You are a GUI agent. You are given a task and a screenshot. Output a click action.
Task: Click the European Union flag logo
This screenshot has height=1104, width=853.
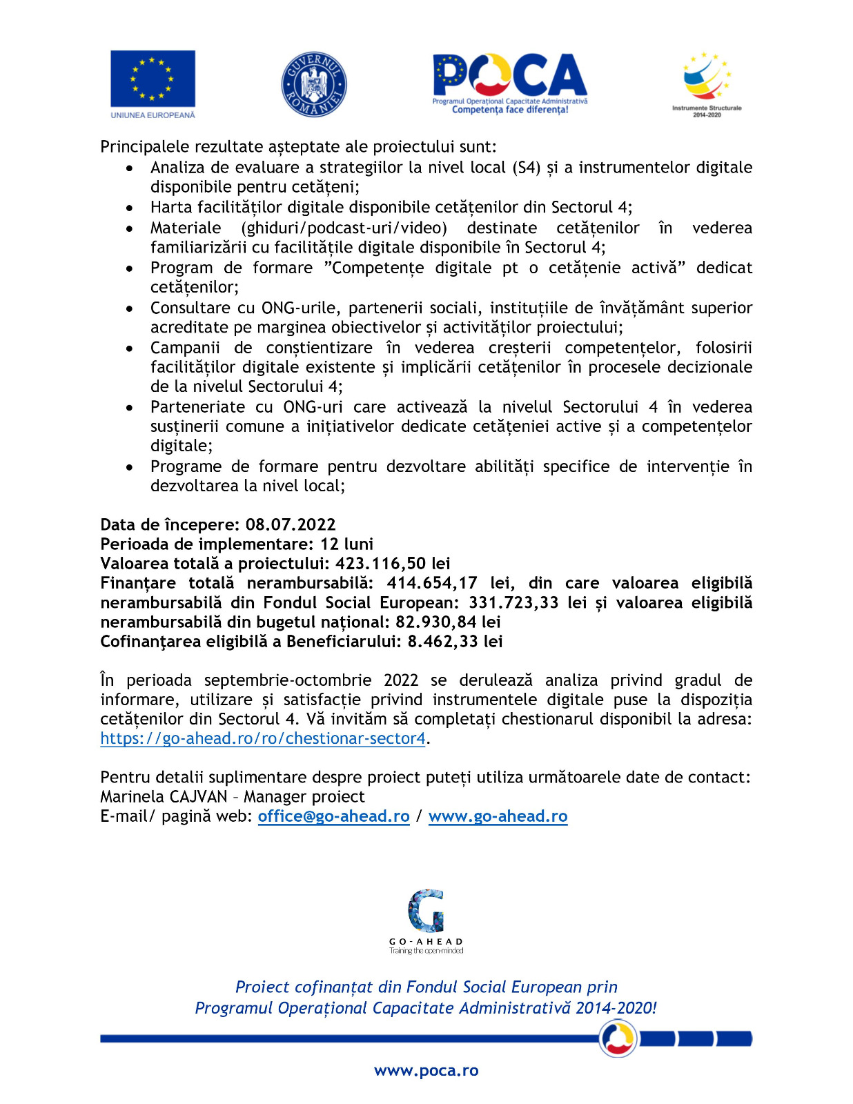tap(153, 79)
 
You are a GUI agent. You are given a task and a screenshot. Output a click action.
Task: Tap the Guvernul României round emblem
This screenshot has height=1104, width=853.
tap(314, 84)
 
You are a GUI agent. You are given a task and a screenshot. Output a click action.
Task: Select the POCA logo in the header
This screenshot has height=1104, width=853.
tap(510, 83)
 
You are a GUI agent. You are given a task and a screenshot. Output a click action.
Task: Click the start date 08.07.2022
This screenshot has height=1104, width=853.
tap(291, 524)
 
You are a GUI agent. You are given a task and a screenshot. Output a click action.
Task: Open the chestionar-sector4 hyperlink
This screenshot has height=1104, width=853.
tap(263, 738)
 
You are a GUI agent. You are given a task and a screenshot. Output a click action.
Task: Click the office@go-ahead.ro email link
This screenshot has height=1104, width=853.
tap(333, 816)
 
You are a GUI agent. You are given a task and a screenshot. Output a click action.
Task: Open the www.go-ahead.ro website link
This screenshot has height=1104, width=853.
tap(498, 816)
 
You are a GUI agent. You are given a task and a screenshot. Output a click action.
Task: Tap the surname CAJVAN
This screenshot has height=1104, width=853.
tap(198, 796)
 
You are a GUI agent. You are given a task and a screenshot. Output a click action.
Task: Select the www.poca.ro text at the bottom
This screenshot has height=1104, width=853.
tap(426, 1070)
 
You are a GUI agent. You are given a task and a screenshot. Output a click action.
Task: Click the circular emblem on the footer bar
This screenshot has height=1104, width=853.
tap(618, 1038)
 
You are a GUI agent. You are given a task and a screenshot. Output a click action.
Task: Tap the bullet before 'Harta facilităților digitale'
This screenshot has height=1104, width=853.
tap(130, 208)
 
